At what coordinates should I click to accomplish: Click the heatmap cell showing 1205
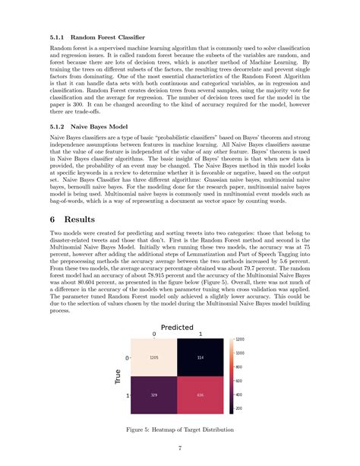[x=154, y=358]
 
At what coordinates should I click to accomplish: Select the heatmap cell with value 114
[x=200, y=358]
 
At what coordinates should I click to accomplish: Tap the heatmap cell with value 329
[x=154, y=396]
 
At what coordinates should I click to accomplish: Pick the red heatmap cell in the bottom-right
[x=200, y=396]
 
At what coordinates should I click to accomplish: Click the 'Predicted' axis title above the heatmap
[x=177, y=328]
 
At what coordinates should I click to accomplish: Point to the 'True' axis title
[x=119, y=377]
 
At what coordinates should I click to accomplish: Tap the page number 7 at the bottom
[x=180, y=449]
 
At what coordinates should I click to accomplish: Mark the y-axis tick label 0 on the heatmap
[x=128, y=358]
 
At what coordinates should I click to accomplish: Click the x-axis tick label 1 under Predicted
[x=200, y=334]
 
